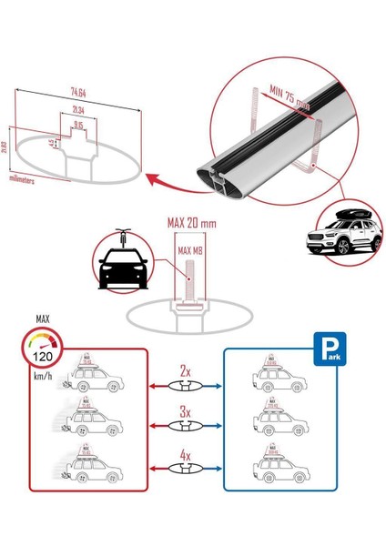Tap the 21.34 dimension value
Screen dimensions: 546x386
click(x=79, y=110)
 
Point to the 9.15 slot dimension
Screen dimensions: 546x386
click(x=80, y=126)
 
